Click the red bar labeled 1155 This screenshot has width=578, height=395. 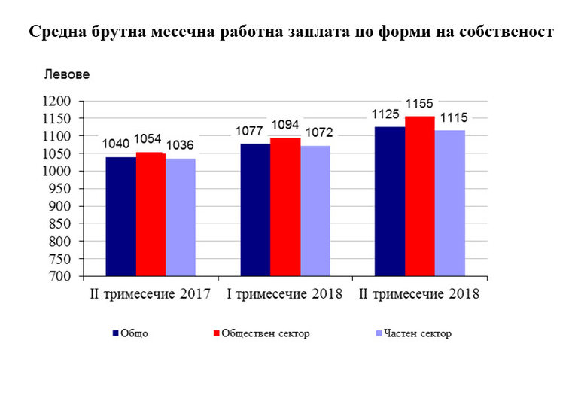pos(419,196)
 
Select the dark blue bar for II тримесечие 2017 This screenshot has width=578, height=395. pos(120,217)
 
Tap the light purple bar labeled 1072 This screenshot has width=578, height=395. pos(315,211)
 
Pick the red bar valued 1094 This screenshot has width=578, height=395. pos(285,207)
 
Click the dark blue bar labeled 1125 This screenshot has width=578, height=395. pos(389,201)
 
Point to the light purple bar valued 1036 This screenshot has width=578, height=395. pos(181,217)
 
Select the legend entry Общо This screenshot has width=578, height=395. pos(134,333)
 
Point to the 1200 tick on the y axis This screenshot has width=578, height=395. pos(58,102)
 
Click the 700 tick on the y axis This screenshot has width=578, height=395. pos(62,276)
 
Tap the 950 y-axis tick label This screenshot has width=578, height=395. pos(62,189)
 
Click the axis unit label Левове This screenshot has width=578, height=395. pos(67,74)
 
